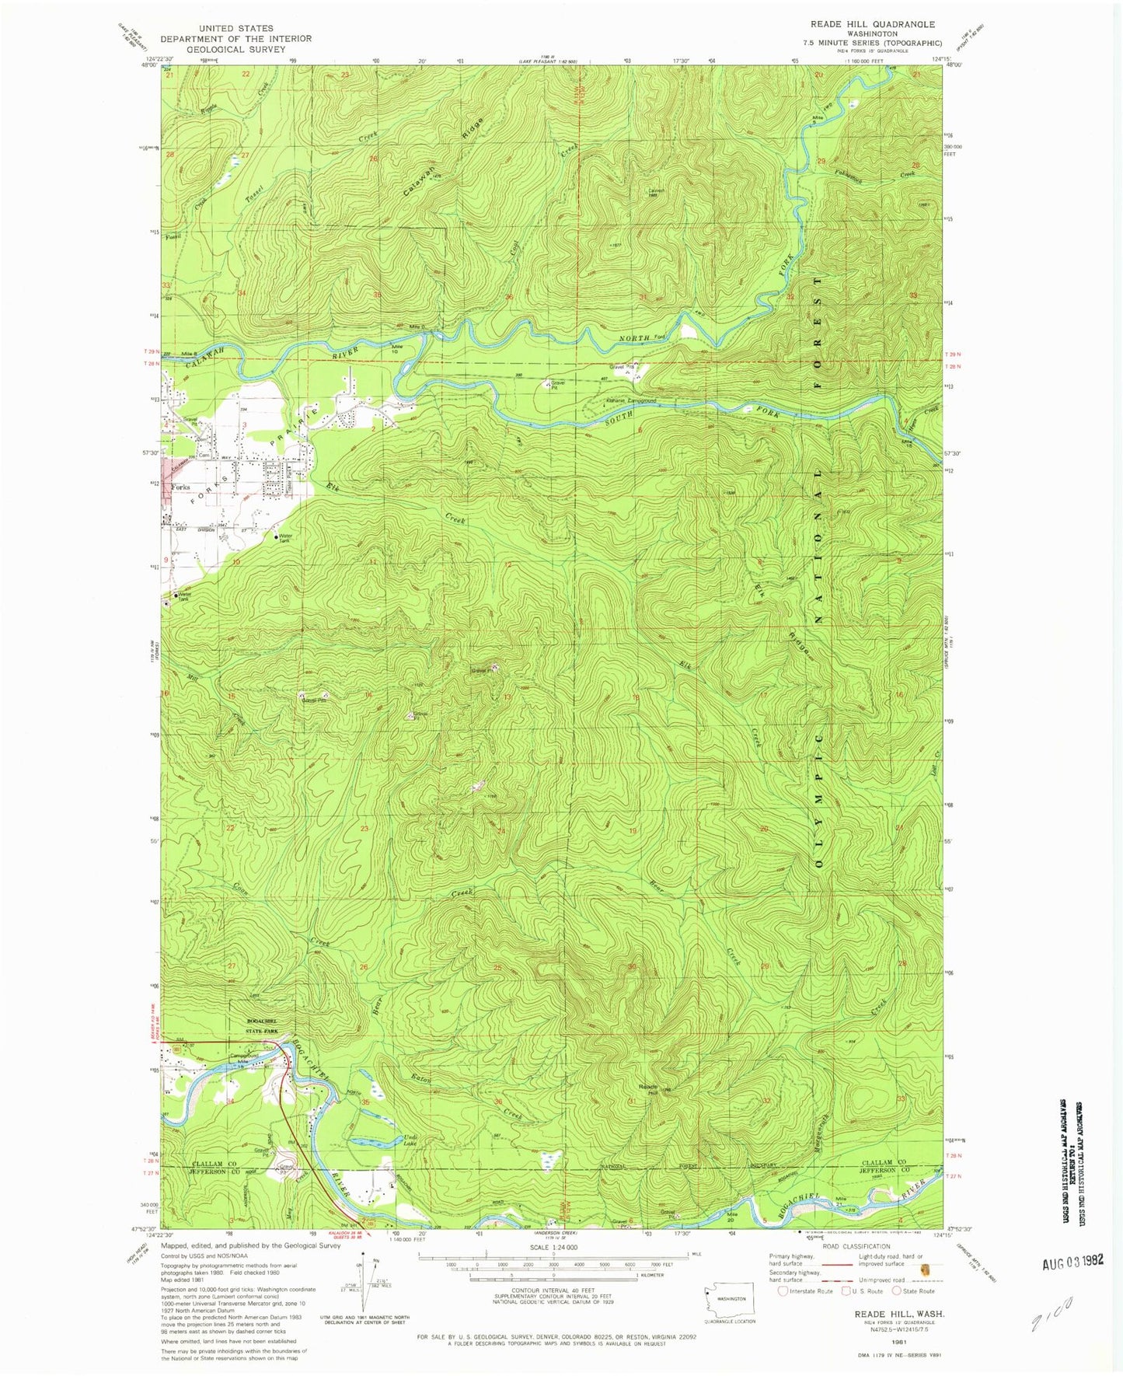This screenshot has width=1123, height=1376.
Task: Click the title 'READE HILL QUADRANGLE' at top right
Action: click(x=872, y=24)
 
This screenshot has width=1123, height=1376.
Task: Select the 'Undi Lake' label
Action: click(x=410, y=1140)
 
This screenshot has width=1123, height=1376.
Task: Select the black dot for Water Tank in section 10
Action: click(x=275, y=537)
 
